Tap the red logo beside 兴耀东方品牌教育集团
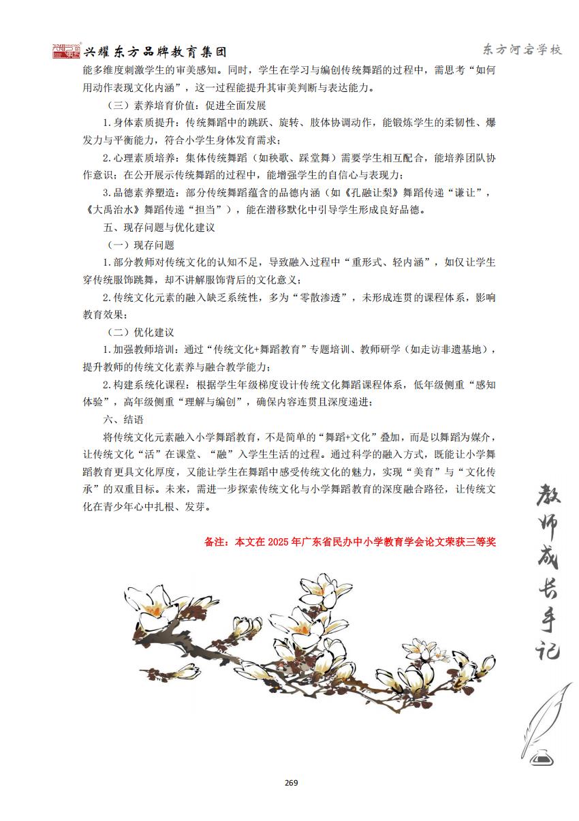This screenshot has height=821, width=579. pos(67,51)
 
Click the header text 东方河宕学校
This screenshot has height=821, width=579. pos(521,50)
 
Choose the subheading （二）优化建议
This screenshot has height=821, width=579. pos(141,332)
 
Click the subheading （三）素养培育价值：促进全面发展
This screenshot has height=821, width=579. pos(187,106)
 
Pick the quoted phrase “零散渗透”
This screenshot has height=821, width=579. pos(318,298)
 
